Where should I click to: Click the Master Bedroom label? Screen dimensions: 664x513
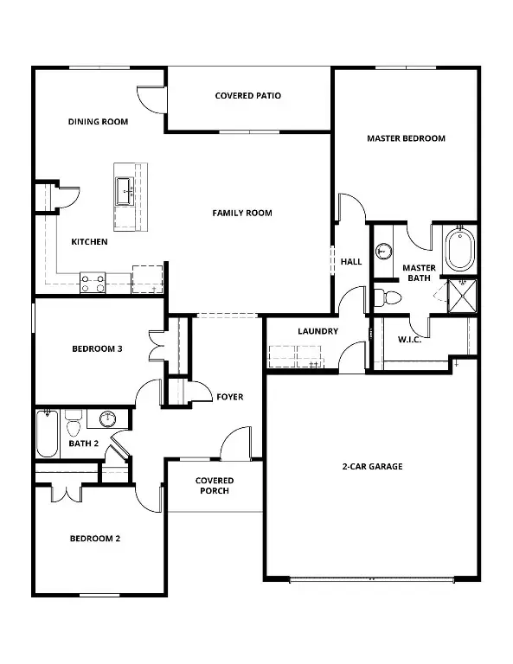click(x=406, y=138)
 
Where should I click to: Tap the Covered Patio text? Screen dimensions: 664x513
click(x=248, y=96)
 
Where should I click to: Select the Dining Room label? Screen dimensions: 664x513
click(x=98, y=122)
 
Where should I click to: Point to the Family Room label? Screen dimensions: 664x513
click(x=242, y=213)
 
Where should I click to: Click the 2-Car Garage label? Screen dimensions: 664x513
click(x=372, y=467)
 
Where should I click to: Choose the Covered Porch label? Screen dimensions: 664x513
click(x=214, y=486)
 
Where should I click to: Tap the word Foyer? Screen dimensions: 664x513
click(x=230, y=397)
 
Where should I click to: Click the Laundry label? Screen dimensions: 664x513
click(x=317, y=331)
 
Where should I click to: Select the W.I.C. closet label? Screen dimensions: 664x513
click(x=410, y=339)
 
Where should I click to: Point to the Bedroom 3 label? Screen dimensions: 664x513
click(x=96, y=349)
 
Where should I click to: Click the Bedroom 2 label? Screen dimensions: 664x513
click(x=94, y=539)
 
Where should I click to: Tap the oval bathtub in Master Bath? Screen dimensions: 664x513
click(x=458, y=250)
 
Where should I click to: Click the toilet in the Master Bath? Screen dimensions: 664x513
click(x=387, y=298)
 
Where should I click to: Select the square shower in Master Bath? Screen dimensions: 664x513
click(x=462, y=293)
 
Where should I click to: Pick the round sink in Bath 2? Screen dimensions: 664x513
click(x=106, y=420)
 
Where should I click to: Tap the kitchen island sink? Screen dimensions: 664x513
click(x=124, y=189)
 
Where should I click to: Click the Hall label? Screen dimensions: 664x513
click(x=351, y=261)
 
